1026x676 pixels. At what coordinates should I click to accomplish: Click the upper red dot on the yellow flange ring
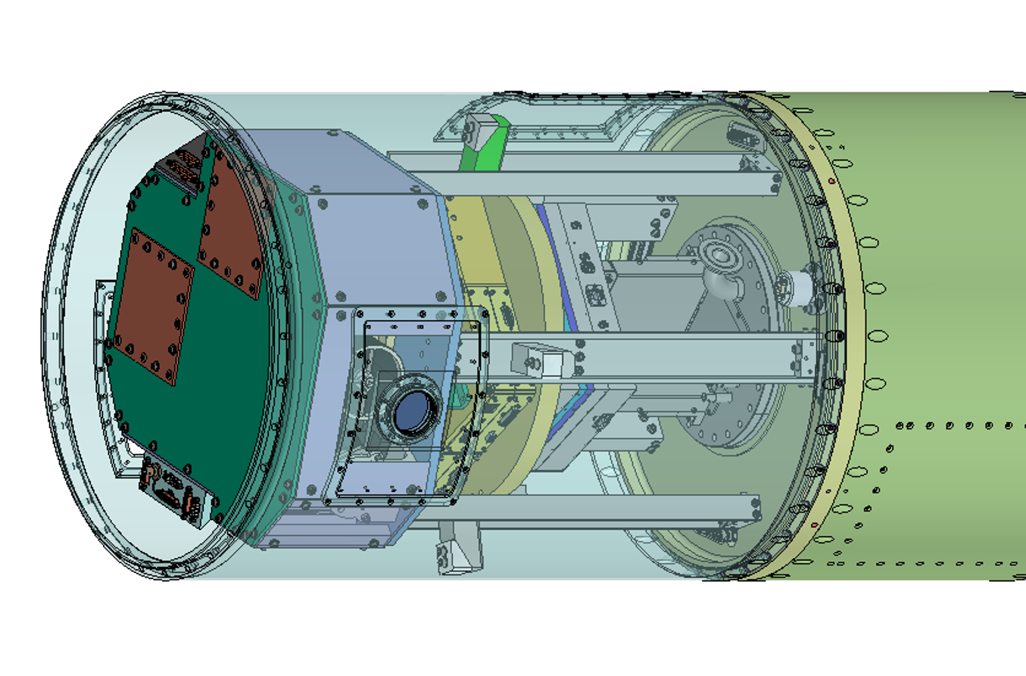832,182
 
